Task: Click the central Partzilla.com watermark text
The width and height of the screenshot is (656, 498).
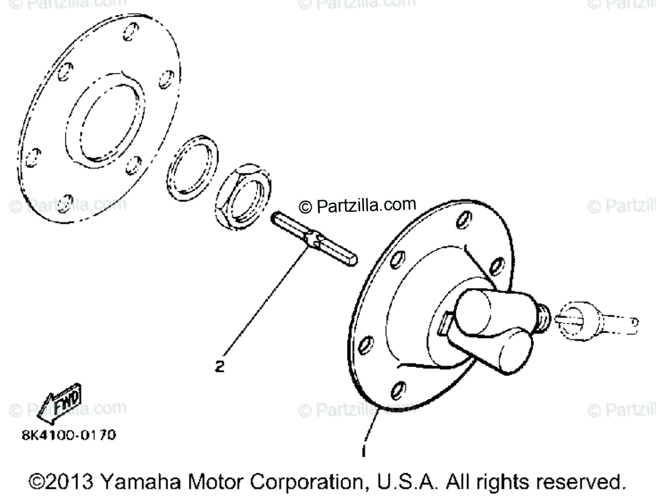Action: [x=358, y=207]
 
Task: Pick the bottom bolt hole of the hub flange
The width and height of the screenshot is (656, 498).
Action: [x=396, y=392]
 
